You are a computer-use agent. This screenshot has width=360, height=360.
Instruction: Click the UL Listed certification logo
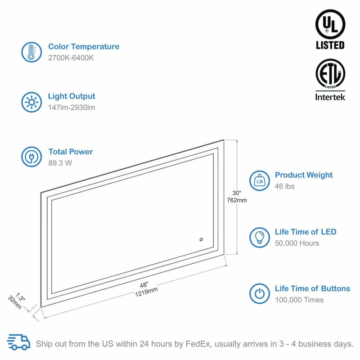coord(330,29)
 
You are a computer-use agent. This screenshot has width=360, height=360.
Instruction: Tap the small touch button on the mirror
coord(201,240)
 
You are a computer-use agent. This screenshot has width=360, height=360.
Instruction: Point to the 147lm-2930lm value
coord(72,108)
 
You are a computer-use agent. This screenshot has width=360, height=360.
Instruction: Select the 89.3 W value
coord(60,163)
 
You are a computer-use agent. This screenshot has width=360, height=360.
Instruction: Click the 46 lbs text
coord(285,186)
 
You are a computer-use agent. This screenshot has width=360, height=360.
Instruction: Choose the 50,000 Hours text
coord(297,243)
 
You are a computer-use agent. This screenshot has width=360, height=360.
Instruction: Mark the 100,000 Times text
coord(299,300)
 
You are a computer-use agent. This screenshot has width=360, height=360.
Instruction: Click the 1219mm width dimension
coord(146,290)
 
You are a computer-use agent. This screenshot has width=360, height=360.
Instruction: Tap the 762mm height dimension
coord(238,200)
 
